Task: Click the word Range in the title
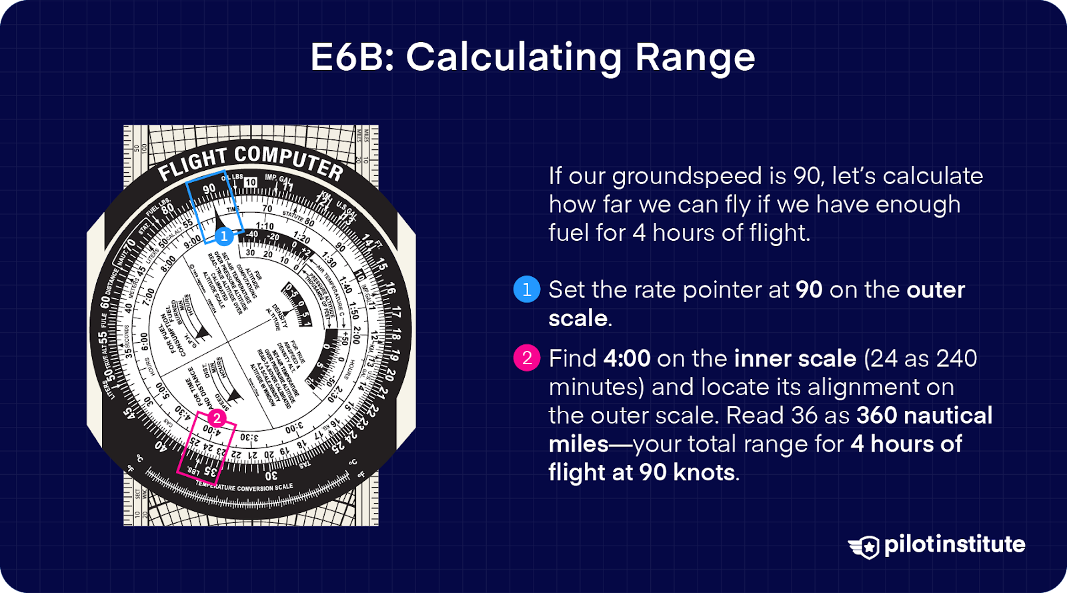coord(695,57)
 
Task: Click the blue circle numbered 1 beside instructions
coord(527,289)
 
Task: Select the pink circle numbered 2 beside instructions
coord(527,358)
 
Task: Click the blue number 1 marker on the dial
coord(224,236)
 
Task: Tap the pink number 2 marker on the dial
coord(217,419)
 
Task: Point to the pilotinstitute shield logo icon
coord(865,546)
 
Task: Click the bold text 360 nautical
coord(924,416)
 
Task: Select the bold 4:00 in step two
coord(627,358)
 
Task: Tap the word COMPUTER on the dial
coord(288,161)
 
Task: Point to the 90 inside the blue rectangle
coord(209,189)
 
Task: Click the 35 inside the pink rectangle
coord(209,472)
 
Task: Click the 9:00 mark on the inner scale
coord(192,241)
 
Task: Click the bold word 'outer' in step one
coord(935,289)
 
